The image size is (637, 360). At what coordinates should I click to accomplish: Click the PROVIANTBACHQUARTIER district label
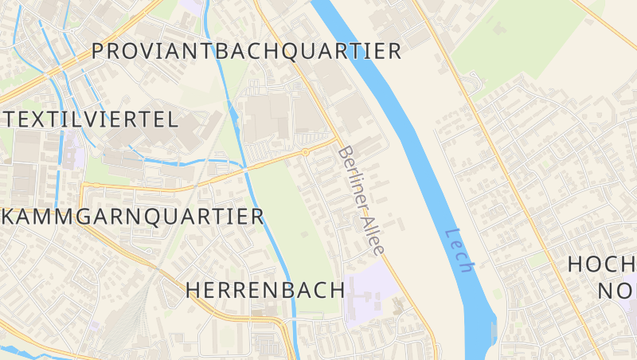tap(246, 52)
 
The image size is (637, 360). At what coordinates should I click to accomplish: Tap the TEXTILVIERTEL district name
tap(90, 120)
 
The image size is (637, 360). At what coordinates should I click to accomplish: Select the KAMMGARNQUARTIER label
tap(133, 216)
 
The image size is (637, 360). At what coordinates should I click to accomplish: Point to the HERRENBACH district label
tap(264, 290)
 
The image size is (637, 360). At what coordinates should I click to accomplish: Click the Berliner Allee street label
tap(361, 200)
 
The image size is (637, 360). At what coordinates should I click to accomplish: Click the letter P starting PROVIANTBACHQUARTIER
tap(99, 52)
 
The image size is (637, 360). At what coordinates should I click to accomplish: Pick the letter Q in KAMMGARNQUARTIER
tap(150, 217)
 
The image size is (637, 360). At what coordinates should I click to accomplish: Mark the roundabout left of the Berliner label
tap(305, 151)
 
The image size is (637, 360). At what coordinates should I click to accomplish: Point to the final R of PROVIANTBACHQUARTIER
tap(393, 52)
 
